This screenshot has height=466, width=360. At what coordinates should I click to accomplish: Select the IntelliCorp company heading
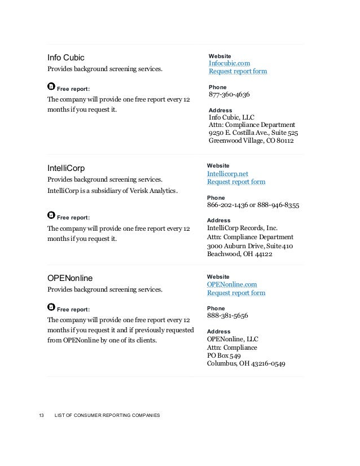65,168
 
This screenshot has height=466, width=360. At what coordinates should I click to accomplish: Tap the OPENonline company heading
71,278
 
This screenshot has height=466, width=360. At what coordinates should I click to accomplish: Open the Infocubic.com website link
229,64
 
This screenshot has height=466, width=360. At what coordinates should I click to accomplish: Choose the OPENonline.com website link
232,285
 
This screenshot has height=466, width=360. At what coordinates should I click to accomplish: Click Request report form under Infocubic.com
238,72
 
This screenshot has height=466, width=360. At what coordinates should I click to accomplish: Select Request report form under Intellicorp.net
236,182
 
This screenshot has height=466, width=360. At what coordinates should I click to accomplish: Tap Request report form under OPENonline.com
236,293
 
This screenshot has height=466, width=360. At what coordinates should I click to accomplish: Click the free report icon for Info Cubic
51,87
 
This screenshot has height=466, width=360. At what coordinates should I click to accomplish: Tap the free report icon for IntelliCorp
51,216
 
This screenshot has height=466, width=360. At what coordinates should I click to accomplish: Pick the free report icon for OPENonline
51,307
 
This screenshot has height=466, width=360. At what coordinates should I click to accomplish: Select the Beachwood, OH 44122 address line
240,254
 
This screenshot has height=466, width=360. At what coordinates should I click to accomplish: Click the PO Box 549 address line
224,355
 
